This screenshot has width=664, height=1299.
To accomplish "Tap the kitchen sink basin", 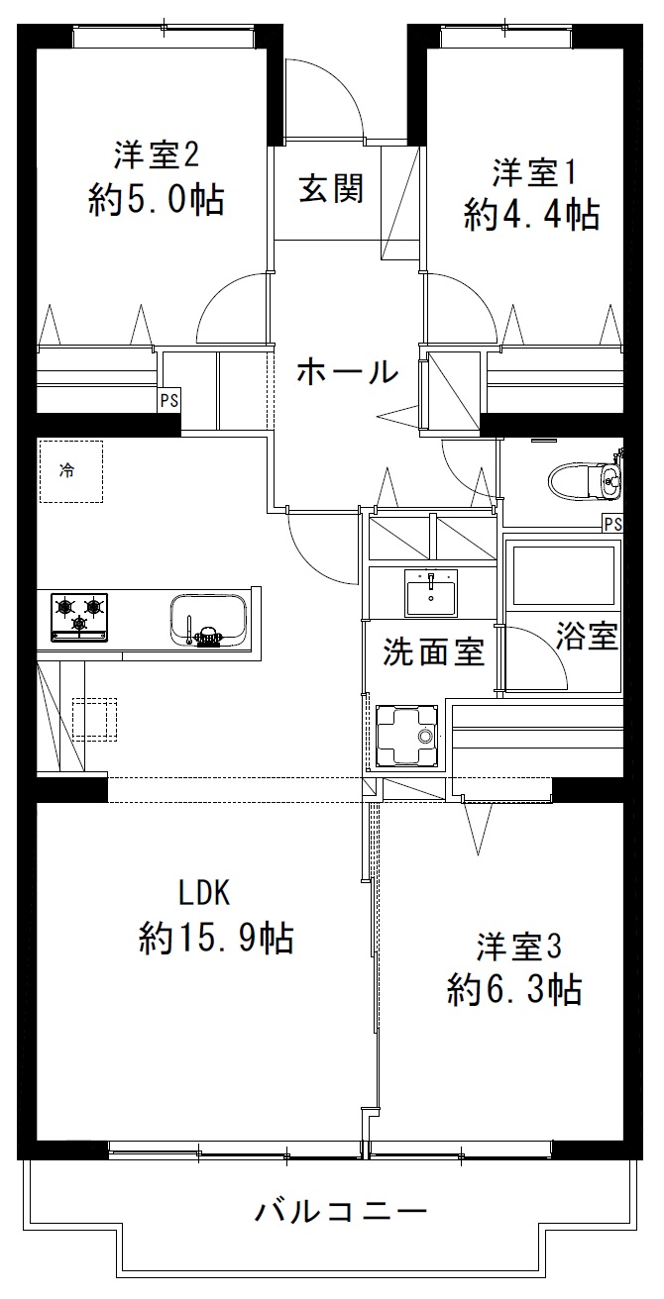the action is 208,620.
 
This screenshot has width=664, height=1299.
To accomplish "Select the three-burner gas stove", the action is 79,618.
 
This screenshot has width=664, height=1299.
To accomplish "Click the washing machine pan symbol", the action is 406,735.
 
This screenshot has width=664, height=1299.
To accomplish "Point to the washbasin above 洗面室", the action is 431,592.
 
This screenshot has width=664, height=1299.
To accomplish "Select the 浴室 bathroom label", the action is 587,636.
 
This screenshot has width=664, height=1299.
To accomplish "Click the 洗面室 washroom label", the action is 433,651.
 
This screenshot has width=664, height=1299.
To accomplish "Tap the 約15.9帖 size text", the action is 216,938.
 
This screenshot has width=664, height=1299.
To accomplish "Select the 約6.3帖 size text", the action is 514,989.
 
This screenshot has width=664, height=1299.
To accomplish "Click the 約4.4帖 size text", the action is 531,215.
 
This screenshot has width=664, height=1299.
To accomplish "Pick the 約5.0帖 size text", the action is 157,200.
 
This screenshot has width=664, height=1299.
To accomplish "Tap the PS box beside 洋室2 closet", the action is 169,400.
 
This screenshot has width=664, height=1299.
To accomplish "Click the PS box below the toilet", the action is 612,524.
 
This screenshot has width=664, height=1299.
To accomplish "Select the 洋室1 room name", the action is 534,173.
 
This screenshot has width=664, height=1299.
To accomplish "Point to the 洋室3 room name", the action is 519,947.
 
